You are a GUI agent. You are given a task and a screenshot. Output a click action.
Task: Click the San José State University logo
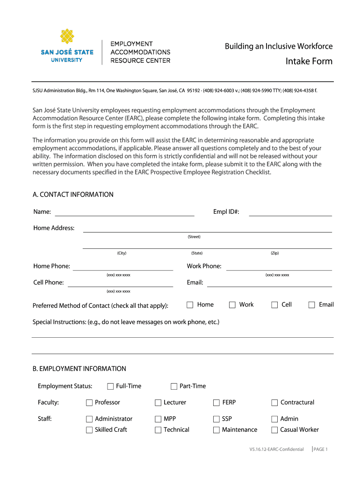point(67,45)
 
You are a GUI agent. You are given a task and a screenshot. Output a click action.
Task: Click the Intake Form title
point(309,61)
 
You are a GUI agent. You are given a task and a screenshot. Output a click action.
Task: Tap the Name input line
point(124,213)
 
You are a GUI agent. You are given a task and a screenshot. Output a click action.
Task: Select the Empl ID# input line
point(290,213)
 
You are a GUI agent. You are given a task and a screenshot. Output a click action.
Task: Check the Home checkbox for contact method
point(190,305)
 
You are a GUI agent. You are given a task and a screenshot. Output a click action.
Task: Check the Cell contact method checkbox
point(275,305)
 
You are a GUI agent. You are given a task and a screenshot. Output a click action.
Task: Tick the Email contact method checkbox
point(312,305)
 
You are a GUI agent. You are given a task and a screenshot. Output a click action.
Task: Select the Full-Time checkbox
point(110,386)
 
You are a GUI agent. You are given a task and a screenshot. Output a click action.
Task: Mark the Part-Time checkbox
point(174,386)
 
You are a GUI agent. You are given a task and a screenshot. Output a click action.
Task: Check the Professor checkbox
point(89,403)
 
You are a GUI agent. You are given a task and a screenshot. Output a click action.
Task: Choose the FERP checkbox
point(216,403)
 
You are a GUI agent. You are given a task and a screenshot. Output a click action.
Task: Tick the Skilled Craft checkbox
point(89,430)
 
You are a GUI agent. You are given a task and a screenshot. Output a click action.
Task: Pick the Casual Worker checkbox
point(274,430)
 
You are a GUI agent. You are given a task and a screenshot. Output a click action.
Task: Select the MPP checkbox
point(158,419)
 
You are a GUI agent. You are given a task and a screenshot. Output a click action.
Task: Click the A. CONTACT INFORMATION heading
point(73,195)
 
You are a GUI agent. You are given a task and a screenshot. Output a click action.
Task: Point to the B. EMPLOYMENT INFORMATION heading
point(79,369)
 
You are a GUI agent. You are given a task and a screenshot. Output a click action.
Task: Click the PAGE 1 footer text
point(321,450)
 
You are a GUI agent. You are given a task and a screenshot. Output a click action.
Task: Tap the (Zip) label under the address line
point(274,253)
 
